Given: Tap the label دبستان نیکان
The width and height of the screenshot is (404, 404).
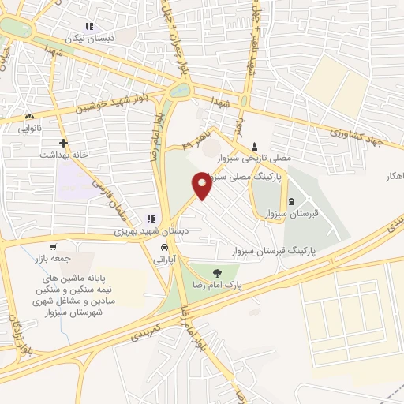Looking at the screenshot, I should (x=111, y=37).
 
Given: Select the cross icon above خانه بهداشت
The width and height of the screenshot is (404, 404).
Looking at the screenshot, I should (x=63, y=143).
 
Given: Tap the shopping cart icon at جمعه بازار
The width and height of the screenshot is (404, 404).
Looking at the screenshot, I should (x=52, y=246).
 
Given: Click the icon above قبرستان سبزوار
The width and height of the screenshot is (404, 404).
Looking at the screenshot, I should (x=291, y=201).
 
